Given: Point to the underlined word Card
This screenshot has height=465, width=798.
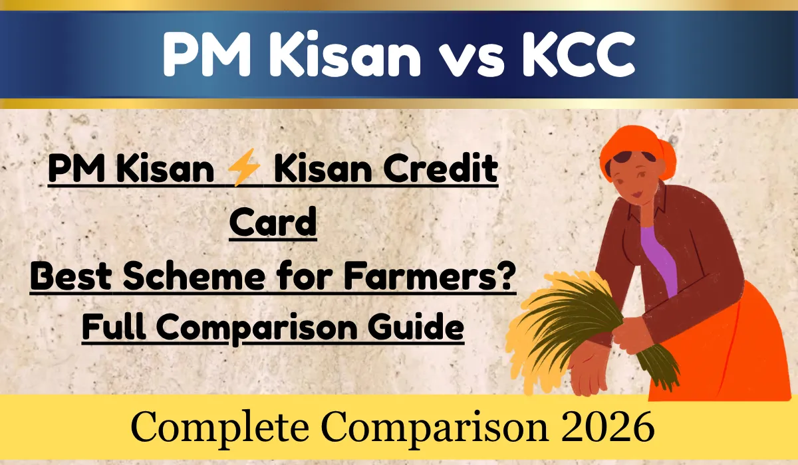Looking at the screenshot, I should (273, 224).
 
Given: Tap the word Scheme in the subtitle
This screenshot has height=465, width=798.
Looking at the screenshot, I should (192, 276).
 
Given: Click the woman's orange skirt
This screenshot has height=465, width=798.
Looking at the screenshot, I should (745, 352).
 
